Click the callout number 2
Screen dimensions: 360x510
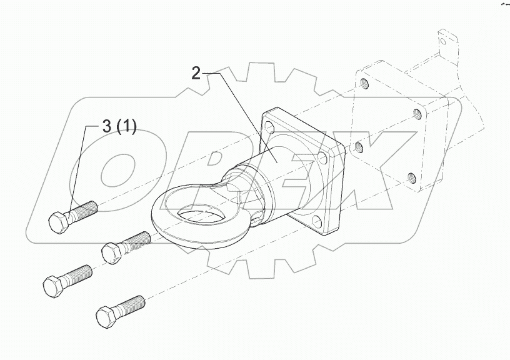coord(196,74)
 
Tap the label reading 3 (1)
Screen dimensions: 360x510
coord(119,127)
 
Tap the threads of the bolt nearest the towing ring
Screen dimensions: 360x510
coord(136,240)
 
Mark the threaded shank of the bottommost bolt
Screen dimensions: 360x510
coord(133,304)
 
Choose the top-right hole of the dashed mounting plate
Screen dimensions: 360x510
coord(417,114)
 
